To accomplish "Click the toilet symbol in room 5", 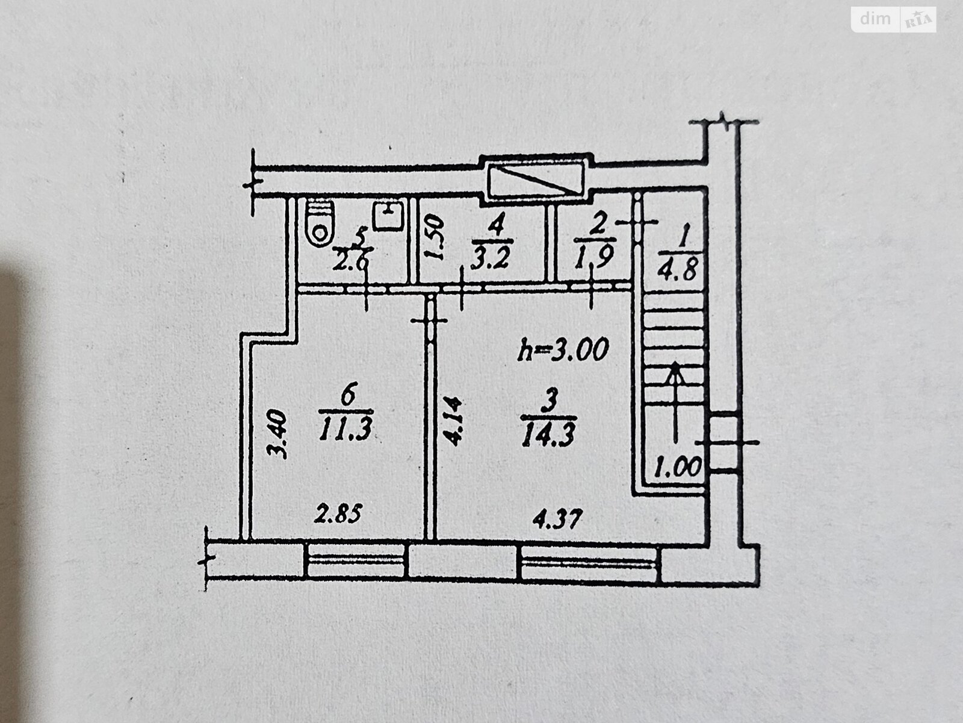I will tap(320, 222).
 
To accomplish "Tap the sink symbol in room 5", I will tap(388, 216).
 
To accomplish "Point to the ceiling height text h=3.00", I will tap(563, 349).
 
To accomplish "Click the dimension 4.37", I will tap(557, 518).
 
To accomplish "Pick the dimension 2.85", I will tap(339, 515).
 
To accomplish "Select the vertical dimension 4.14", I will tap(452, 420).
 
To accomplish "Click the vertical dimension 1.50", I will tap(435, 237).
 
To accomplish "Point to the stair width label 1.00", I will tap(678, 466).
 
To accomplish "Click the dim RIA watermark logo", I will tap(894, 20).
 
